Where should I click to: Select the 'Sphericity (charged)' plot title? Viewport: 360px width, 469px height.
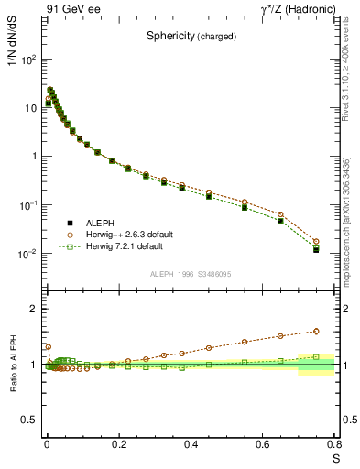[191, 37]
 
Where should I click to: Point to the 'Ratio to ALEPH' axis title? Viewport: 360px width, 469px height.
[12, 365]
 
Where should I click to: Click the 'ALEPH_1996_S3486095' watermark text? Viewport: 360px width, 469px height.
[190, 275]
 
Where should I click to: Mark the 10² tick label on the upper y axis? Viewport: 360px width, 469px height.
[29, 59]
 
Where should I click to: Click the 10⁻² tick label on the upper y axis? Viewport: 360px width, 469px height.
[29, 253]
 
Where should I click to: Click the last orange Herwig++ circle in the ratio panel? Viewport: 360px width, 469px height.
[316, 332]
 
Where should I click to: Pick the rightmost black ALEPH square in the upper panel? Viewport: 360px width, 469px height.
[316, 249]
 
